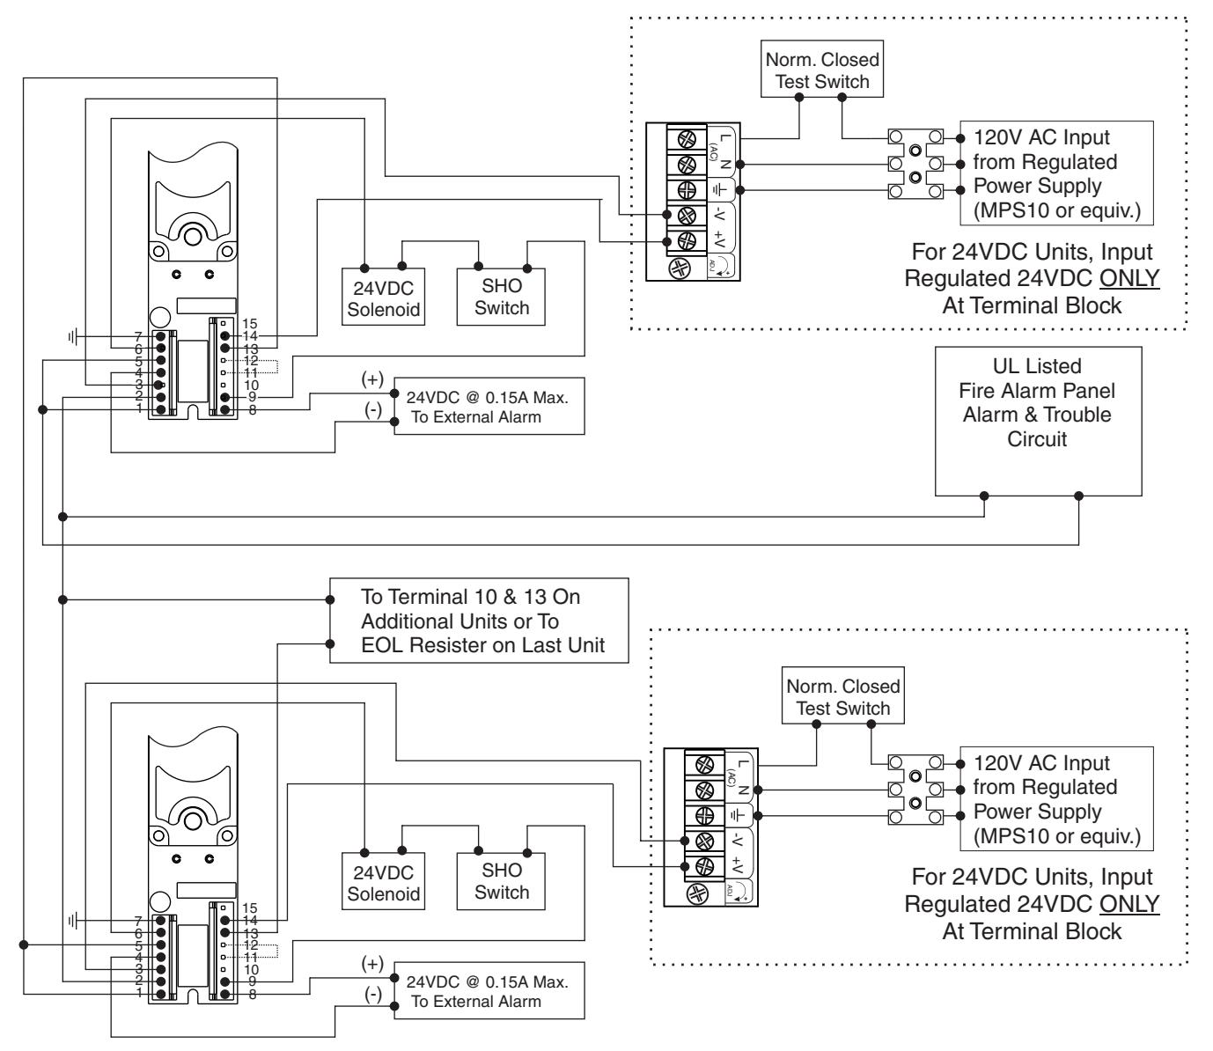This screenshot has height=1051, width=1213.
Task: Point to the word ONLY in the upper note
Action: (1129, 278)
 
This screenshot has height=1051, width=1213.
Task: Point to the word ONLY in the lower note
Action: (1129, 904)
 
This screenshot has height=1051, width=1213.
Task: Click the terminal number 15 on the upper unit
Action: (249, 323)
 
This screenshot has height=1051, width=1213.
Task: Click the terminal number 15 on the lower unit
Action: (249, 908)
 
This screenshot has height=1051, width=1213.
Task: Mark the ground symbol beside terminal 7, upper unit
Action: (72, 337)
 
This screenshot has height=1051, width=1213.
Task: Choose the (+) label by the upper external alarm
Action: (372, 379)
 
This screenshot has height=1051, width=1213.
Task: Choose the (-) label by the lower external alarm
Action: (372, 994)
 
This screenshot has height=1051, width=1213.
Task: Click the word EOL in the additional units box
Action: (382, 645)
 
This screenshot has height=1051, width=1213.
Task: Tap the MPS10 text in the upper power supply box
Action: (1018, 210)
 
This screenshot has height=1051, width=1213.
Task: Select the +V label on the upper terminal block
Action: (721, 239)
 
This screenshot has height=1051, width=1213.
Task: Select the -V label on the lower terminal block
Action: (739, 840)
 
